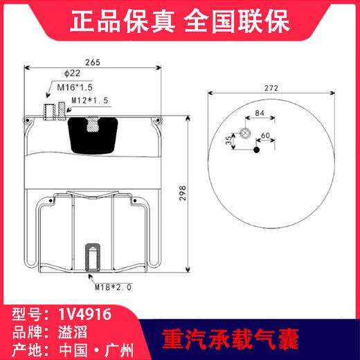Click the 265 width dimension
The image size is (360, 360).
(93, 62)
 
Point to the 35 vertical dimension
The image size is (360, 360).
(228, 141)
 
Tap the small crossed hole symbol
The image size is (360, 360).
(244, 134)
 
